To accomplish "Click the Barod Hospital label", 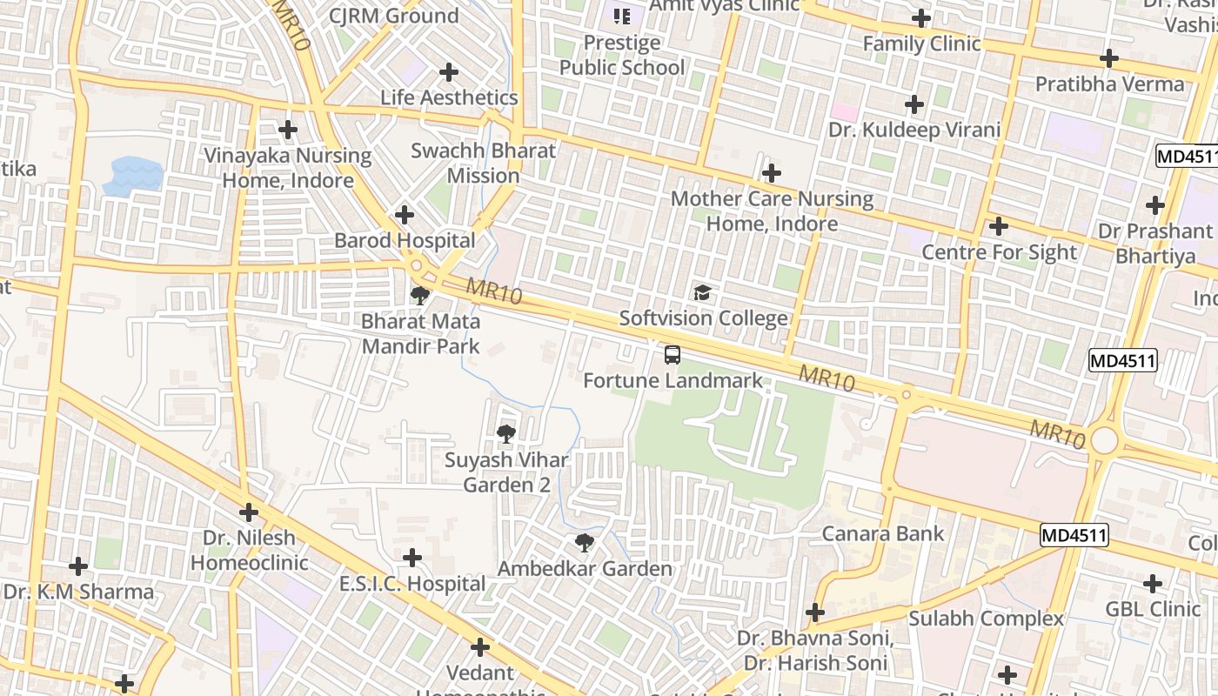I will pos(405,240).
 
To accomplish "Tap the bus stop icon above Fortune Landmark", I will pos(673,354).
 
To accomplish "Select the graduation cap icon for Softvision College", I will pos(702,292).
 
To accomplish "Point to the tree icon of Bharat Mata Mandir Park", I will pos(420,295).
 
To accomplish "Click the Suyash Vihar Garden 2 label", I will pos(506,472).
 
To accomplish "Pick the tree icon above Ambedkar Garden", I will pos(585,543).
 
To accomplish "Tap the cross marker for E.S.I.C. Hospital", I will pos(412,557).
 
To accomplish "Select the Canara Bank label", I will pos(883,533).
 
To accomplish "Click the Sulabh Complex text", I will pos(986,619).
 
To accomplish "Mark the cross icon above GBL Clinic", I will pos(1153,583).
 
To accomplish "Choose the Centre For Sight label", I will pos(999,252).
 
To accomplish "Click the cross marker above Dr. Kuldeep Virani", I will pos(914,104).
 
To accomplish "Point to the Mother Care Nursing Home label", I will pos(772,211).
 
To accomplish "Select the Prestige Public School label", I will pos(622,55).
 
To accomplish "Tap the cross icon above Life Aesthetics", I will pos(449,71).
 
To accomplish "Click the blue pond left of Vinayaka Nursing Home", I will pos(133,174).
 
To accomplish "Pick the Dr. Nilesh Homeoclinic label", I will pos(249,550).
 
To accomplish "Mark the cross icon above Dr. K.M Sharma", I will pos(78,566).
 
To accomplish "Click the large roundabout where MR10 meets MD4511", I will pos(1103,439).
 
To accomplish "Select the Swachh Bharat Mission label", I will pos(483,163).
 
